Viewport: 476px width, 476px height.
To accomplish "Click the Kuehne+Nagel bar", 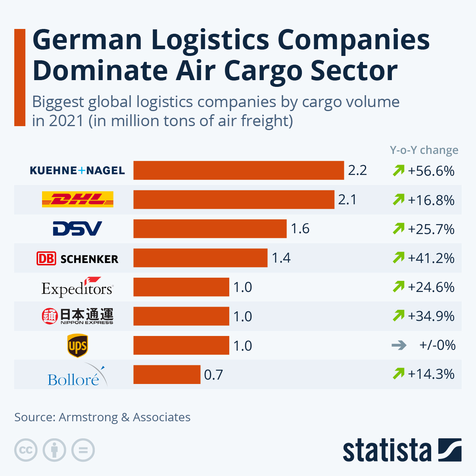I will click(238, 171).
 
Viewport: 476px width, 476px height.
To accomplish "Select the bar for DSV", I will click(210, 229).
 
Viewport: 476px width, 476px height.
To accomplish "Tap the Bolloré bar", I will click(167, 374).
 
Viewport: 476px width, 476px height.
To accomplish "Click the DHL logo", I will click(78, 200).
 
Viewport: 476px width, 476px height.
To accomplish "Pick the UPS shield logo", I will click(77, 345).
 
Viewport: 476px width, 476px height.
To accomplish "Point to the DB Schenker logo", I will click(77, 259).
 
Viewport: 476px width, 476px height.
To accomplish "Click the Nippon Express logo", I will click(77, 316).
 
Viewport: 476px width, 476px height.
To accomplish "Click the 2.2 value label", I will click(357, 171).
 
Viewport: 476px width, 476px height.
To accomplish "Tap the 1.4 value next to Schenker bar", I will click(281, 258).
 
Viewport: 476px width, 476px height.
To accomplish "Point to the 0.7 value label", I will click(213, 375).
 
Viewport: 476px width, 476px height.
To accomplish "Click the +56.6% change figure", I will click(431, 171).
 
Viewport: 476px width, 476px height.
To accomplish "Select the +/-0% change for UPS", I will click(437, 345).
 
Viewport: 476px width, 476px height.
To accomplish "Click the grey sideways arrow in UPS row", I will click(399, 345).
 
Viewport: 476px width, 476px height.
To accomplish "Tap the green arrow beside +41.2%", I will click(398, 258).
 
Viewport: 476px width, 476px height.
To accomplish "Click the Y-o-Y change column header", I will click(424, 150).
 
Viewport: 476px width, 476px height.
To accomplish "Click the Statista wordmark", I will click(387, 450).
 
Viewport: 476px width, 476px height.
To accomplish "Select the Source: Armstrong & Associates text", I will click(102, 417).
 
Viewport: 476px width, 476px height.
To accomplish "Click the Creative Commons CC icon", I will click(26, 450).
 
